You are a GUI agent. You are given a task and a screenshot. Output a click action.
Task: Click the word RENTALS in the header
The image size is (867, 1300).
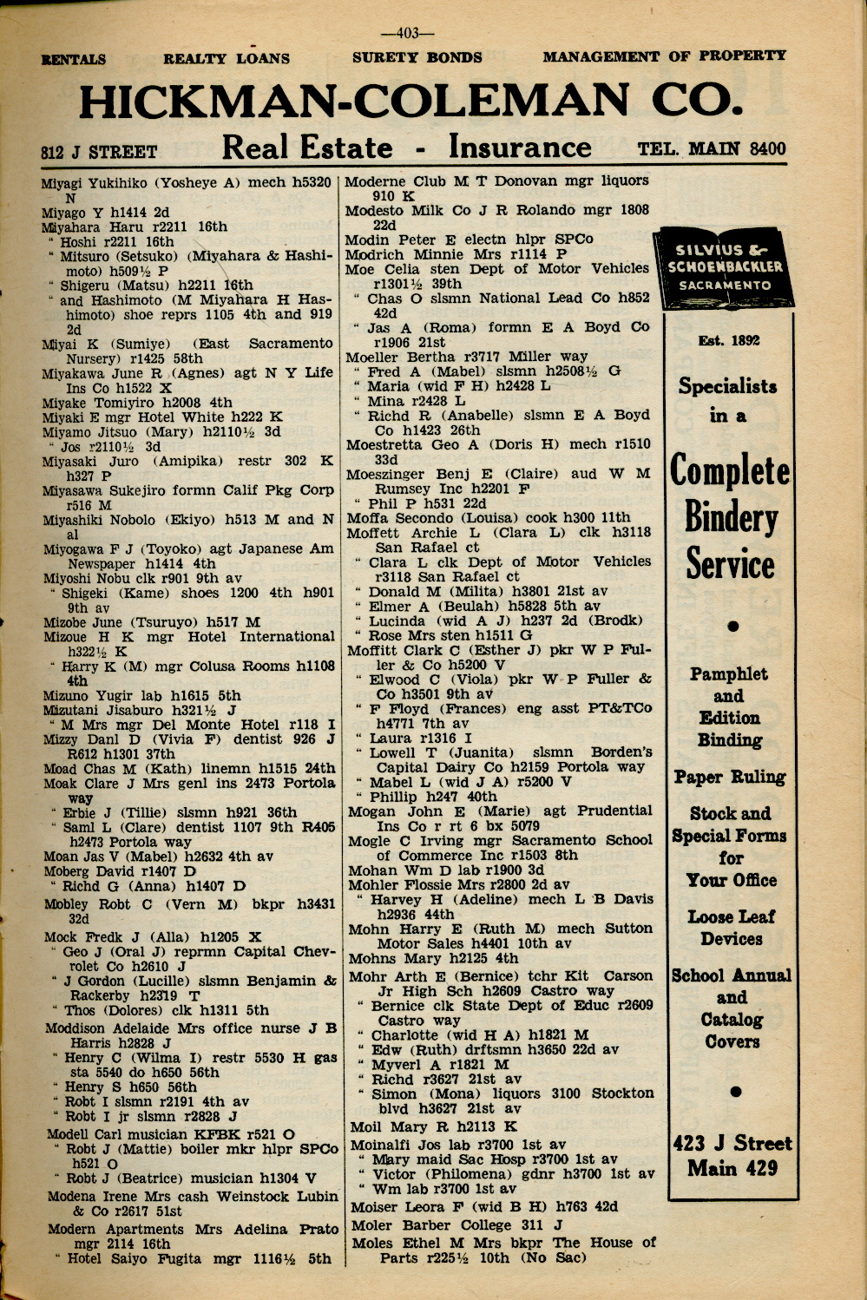74,59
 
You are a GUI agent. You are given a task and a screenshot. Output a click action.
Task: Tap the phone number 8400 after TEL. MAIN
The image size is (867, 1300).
767,148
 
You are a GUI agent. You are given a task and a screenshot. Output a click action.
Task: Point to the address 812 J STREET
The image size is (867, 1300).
99,153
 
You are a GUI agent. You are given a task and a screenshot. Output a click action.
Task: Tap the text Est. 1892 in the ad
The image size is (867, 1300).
729,341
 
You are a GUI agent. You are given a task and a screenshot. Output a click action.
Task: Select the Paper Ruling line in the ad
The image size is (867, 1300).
730,777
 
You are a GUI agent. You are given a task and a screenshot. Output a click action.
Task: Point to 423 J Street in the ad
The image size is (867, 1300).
732,1143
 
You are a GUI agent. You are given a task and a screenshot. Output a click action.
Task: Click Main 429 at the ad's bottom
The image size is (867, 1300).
732,1168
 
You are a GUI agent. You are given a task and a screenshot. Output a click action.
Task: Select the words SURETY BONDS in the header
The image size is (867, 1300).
417,58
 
